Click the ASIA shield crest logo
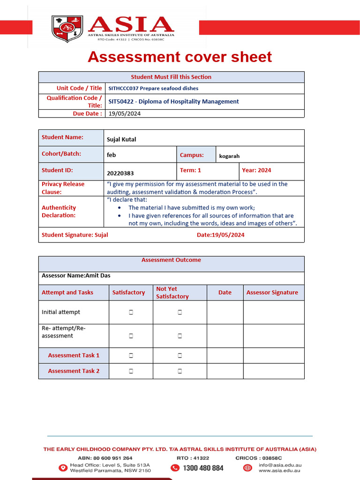[67, 29]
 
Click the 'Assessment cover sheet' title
[180, 57]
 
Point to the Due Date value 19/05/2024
[124, 113]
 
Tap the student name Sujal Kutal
[121, 139]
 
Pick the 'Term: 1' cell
[190, 170]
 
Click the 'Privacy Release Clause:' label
[63, 188]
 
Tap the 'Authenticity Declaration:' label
[59, 211]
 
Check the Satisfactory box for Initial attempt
[131, 312]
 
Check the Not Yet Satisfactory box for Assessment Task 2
[180, 371]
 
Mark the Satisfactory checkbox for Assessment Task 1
[131, 356]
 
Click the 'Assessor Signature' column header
[272, 292]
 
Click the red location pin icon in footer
[63, 468]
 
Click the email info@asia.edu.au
[279, 465]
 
